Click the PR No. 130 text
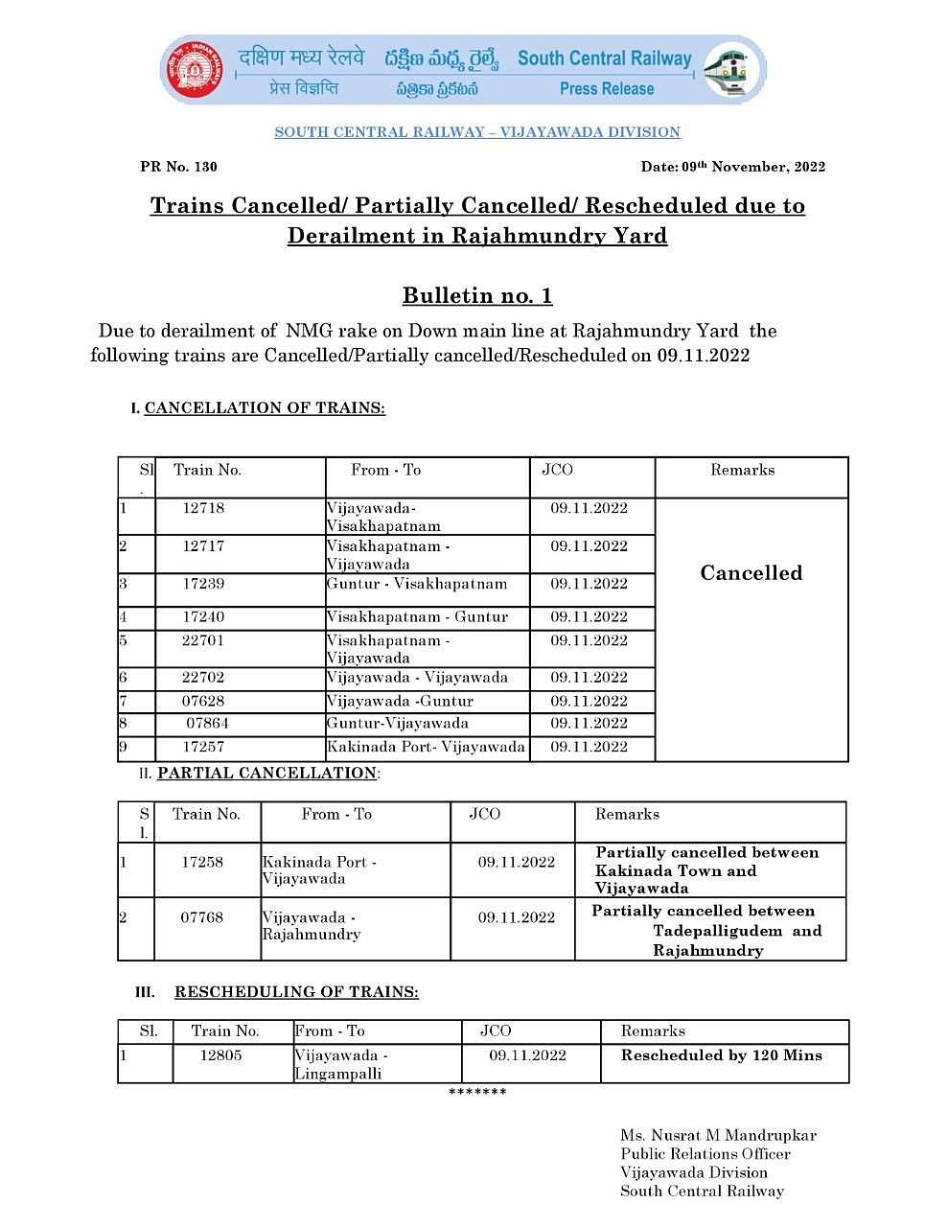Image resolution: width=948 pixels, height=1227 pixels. pos(178,167)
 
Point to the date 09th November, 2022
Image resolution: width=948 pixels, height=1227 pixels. pos(732,167)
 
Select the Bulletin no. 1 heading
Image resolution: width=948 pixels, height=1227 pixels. pos(477,295)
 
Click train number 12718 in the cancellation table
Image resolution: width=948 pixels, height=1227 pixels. pos(203,508)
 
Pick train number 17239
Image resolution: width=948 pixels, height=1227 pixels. pos(203,584)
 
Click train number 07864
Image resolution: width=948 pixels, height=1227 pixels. pos(207,724)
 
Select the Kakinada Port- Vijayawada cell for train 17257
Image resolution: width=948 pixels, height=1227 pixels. pos(426,747)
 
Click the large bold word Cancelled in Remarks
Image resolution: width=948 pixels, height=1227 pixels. pos(751,573)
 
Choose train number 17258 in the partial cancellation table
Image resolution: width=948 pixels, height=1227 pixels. pos(202,862)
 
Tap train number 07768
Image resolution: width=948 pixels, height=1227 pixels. pos(202,917)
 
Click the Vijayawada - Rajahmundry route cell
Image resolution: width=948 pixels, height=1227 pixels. pos(311,926)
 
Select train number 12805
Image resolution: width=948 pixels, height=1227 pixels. pos(220,1055)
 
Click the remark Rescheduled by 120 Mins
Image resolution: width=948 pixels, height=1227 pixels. pos(721,1055)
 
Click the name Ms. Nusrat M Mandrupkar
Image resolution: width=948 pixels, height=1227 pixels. pos(718,1136)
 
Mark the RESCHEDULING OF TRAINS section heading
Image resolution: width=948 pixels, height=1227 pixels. pos(296,992)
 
